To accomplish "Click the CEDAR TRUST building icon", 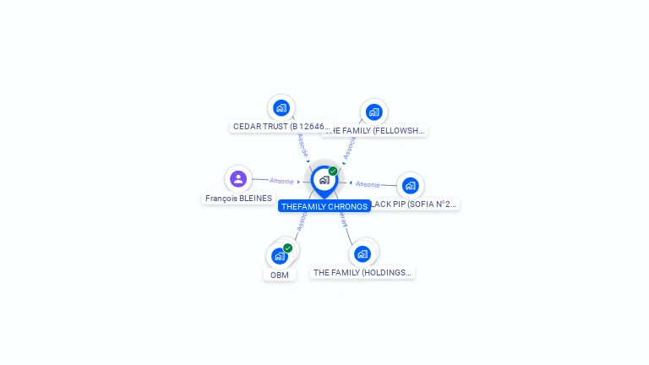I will click(281, 108).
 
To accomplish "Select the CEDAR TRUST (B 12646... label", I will click(281, 127).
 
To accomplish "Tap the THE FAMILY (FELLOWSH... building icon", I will click(374, 112).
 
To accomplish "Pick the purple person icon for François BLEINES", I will click(238, 179).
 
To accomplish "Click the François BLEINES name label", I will click(238, 199).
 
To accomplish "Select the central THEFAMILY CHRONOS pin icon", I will click(324, 180).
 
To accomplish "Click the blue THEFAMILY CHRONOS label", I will click(324, 206).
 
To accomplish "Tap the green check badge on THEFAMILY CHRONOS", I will click(333, 172).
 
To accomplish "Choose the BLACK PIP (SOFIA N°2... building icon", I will click(410, 185).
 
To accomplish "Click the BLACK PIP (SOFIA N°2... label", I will click(414, 204).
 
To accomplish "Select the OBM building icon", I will click(280, 255).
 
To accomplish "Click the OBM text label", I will click(280, 275).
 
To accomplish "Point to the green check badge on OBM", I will click(288, 248).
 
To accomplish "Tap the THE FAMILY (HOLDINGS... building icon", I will click(363, 253).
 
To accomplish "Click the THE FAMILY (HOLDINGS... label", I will click(362, 273).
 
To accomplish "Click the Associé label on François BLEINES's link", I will click(281, 181).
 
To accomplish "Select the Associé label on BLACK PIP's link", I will click(368, 183).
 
